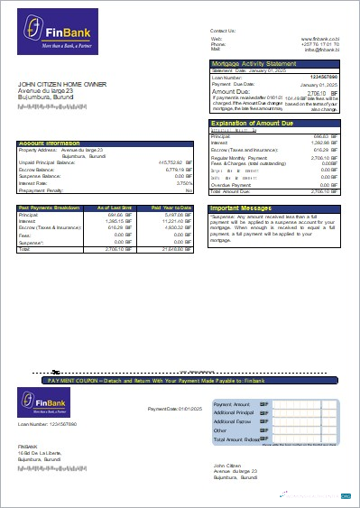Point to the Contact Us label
(x=222, y=31)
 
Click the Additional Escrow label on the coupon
(x=231, y=421)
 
